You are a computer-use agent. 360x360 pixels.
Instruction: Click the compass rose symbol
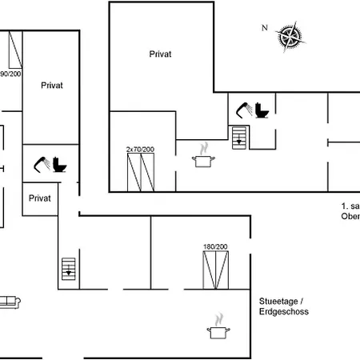coord(290,36)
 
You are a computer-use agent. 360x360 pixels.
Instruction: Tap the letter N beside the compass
coord(264,27)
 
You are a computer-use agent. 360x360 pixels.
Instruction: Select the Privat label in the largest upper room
coord(161,54)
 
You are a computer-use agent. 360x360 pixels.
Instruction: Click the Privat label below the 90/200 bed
coord(52,84)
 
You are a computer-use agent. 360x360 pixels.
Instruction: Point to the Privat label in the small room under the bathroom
coord(39,197)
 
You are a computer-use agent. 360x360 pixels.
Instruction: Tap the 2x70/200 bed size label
coord(140,150)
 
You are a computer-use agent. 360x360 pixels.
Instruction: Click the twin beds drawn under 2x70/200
coord(140,172)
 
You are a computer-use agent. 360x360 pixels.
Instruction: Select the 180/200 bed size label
coord(215,246)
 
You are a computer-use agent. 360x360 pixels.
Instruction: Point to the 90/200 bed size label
coord(10,74)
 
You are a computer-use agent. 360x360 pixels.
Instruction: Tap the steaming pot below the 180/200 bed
coord(216,328)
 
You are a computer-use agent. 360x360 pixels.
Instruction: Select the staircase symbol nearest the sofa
coord(70,266)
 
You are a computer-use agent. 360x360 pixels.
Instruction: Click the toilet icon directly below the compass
coord(262,113)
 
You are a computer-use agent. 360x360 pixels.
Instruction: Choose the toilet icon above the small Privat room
coord(59,166)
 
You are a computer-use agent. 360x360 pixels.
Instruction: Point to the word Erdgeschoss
coord(283,311)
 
